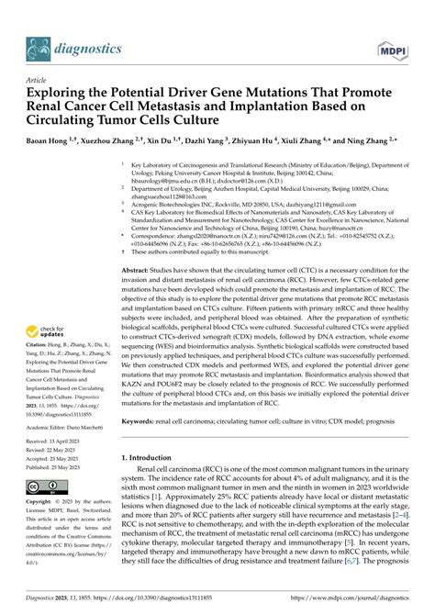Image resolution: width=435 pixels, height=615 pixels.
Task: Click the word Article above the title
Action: [x=38, y=80]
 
